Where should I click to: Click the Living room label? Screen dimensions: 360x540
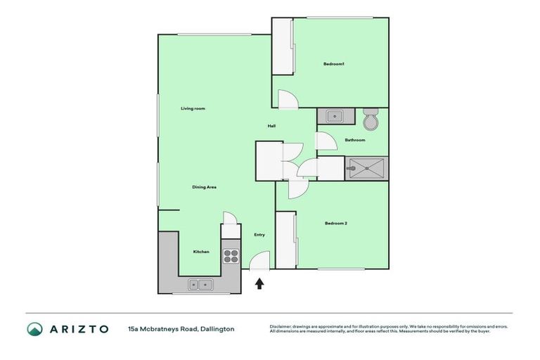click(193, 108)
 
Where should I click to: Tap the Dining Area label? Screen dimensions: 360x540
click(204, 187)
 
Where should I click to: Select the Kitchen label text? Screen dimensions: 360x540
click(201, 252)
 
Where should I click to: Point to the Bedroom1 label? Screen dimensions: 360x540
click(333, 64)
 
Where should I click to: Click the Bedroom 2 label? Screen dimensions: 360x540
click(336, 224)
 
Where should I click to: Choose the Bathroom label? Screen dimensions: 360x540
click(354, 140)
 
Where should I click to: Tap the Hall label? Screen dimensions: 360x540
click(271, 127)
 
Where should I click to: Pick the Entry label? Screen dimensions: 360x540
click(259, 235)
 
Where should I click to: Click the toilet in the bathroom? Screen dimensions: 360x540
click(371, 121)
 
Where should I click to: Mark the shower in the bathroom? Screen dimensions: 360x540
click(366, 168)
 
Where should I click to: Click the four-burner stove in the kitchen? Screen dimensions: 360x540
click(231, 256)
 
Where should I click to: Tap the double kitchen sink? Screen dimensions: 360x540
click(200, 285)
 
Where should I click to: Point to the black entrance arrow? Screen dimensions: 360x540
click(259, 283)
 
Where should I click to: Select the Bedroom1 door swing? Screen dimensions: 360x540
click(288, 100)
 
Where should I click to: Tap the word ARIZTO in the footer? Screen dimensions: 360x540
click(79, 329)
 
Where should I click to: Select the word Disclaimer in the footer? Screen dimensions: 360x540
click(283, 326)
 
